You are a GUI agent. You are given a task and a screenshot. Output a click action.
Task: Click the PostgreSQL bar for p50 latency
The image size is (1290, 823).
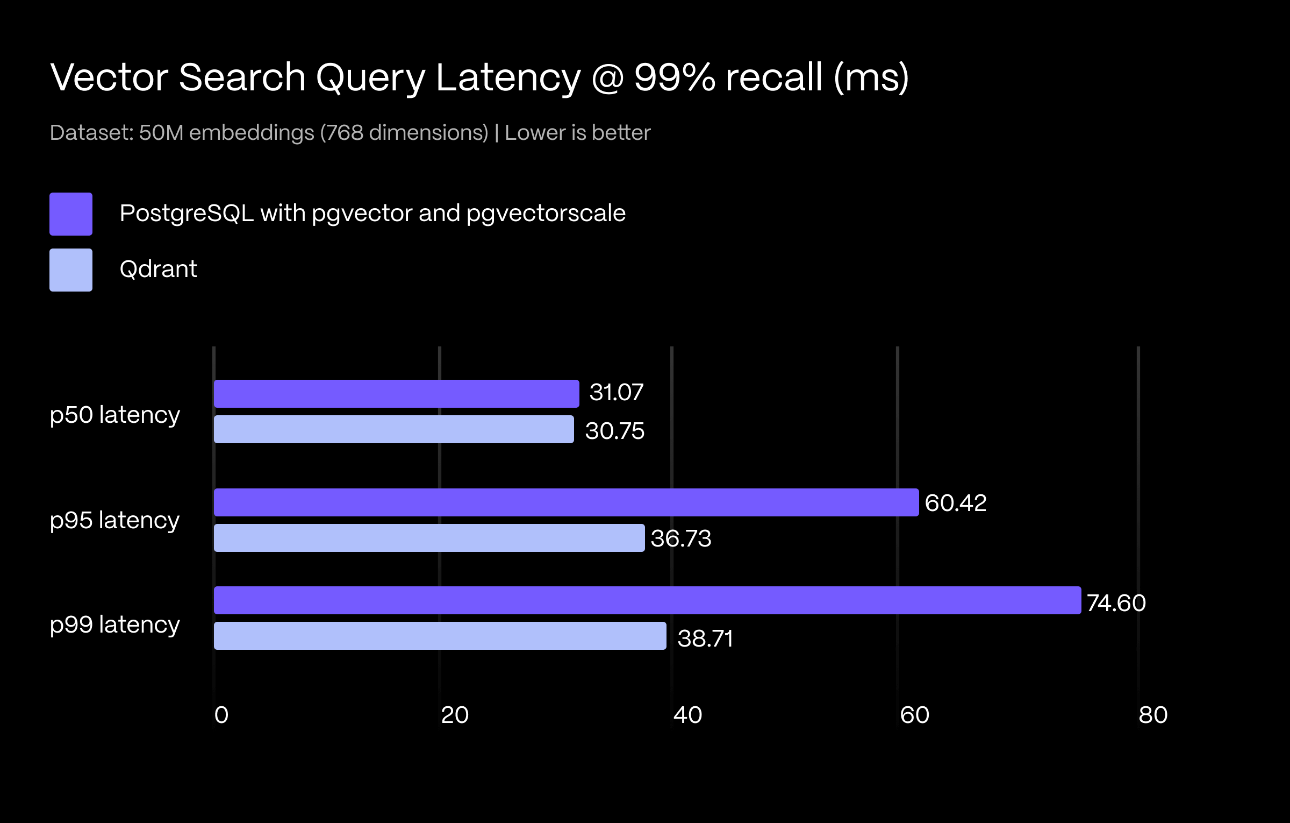pos(396,394)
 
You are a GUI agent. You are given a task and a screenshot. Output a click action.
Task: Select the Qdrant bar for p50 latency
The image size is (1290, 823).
pos(393,429)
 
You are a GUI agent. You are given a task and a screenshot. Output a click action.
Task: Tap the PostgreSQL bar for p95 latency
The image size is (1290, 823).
pos(566,502)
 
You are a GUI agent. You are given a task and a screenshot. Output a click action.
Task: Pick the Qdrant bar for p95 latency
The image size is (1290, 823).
pos(429,538)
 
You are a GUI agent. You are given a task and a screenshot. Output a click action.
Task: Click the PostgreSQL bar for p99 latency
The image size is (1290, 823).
pos(647,600)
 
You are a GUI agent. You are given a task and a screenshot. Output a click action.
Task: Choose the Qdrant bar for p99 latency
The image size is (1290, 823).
pos(440,636)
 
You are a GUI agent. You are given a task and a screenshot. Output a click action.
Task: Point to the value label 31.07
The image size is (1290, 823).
pos(616,392)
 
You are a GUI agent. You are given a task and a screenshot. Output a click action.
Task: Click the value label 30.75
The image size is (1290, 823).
pos(614,431)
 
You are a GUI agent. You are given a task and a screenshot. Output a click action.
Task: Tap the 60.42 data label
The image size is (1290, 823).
pos(956,503)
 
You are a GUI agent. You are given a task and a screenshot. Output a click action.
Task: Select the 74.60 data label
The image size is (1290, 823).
pos(1116,603)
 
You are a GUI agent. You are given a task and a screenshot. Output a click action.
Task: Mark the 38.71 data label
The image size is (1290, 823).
pos(705,638)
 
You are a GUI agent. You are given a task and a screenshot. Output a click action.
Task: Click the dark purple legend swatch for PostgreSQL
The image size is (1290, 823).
pos(71,214)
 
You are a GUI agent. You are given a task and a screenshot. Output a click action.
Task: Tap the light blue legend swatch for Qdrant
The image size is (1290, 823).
pos(71,270)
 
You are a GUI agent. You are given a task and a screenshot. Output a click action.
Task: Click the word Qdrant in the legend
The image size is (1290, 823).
pos(158,269)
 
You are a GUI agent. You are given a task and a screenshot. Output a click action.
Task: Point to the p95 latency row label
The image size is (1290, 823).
pos(114,521)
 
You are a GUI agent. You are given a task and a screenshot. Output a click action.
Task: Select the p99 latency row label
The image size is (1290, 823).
pos(114,625)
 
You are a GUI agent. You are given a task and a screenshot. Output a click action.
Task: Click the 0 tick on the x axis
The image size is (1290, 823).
pos(221,715)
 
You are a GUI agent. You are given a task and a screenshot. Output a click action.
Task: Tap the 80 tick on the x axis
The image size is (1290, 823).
pos(1153,715)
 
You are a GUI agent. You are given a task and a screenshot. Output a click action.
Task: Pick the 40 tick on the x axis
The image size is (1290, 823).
pos(687,715)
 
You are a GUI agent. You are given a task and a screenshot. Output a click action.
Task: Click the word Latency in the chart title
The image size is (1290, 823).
pos(508,78)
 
